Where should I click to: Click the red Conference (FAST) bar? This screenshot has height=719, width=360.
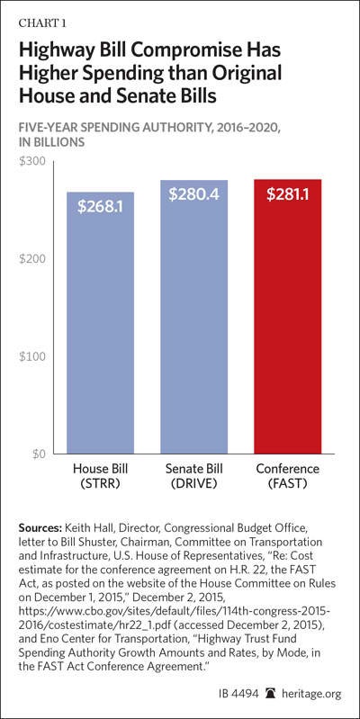click(x=287, y=317)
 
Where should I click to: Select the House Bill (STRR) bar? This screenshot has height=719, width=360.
click(x=101, y=323)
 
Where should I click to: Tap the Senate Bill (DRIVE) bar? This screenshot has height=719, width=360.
click(x=194, y=318)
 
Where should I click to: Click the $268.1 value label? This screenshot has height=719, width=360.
click(x=101, y=207)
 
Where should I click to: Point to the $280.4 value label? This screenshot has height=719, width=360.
click(x=194, y=195)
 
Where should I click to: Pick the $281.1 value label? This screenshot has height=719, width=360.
click(x=287, y=194)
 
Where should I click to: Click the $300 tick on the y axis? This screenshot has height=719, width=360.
click(x=32, y=161)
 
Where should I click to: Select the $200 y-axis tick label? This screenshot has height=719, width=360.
click(x=32, y=259)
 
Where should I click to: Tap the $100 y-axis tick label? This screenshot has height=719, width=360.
click(x=32, y=356)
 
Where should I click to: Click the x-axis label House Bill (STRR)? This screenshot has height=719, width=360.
click(x=100, y=477)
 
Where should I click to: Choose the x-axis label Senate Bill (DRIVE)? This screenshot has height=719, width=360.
click(x=194, y=477)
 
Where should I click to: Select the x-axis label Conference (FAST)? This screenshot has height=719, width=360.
click(x=287, y=477)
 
